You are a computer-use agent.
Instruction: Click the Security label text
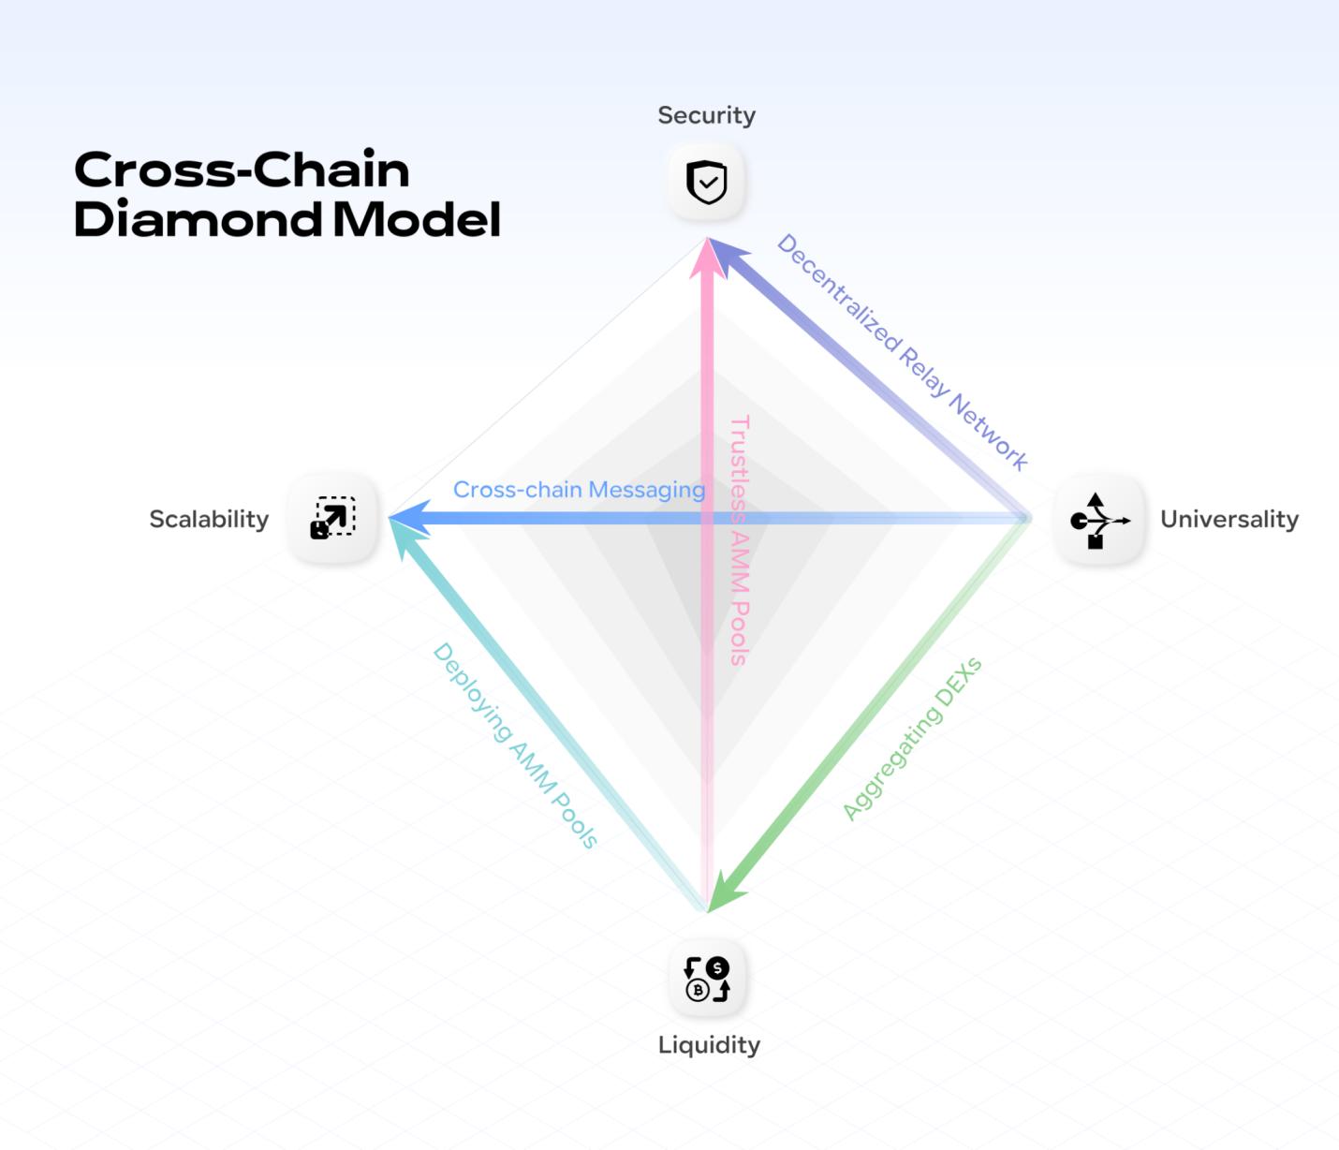tap(706, 115)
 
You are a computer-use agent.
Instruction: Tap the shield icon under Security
tap(707, 182)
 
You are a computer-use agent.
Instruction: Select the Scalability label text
tap(209, 519)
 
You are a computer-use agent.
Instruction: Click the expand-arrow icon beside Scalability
tap(333, 518)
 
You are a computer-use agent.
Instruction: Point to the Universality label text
tap(1229, 519)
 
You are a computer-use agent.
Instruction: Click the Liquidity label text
tap(709, 1044)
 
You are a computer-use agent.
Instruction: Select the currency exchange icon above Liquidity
tap(707, 979)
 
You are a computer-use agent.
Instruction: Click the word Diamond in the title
tap(198, 219)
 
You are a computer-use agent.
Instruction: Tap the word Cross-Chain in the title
tap(242, 170)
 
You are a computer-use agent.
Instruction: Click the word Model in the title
tap(417, 219)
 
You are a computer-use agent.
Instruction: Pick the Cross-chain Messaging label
tap(579, 490)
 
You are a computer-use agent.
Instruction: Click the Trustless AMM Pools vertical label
tap(740, 540)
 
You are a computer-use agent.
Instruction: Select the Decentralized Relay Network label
tap(902, 351)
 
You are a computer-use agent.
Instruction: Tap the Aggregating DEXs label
tap(911, 739)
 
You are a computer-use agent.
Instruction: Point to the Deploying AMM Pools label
tap(514, 745)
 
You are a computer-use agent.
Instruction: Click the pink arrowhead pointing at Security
tap(707, 257)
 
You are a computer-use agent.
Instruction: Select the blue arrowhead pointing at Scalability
tap(406, 518)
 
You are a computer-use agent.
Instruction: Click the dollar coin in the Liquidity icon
tap(717, 968)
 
